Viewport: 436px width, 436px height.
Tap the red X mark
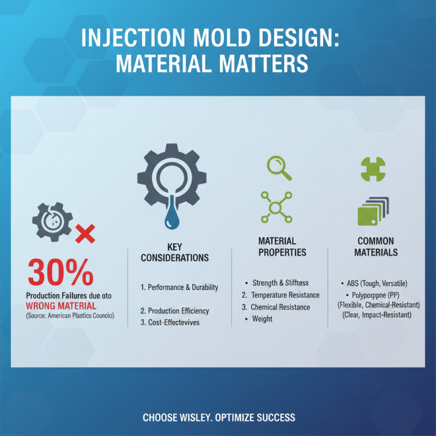(x=85, y=234)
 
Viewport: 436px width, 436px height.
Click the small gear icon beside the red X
(x=52, y=221)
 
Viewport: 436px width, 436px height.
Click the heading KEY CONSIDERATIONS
(x=174, y=252)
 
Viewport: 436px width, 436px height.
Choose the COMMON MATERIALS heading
(x=376, y=246)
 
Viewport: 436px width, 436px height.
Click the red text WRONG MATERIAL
(x=61, y=306)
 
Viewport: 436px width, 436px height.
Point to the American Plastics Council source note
(x=70, y=316)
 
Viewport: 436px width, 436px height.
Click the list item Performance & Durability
(x=179, y=287)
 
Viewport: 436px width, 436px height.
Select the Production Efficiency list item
(x=174, y=311)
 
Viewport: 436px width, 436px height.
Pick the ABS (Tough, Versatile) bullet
(x=377, y=283)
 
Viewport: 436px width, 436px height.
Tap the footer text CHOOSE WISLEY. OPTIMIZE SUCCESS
(x=219, y=417)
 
